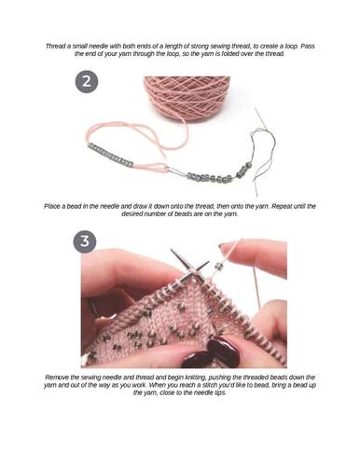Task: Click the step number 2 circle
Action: (x=87, y=82)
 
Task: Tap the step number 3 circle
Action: (x=85, y=241)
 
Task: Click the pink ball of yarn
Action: (x=187, y=95)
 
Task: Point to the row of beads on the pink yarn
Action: (x=111, y=155)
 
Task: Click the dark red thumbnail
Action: (x=223, y=346)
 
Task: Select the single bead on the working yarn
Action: (x=218, y=266)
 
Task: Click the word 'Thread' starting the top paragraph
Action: (x=55, y=46)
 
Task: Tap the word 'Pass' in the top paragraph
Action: (x=308, y=46)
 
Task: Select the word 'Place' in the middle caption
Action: (x=52, y=206)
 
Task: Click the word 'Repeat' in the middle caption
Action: (x=282, y=206)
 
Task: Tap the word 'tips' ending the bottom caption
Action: (x=219, y=392)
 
